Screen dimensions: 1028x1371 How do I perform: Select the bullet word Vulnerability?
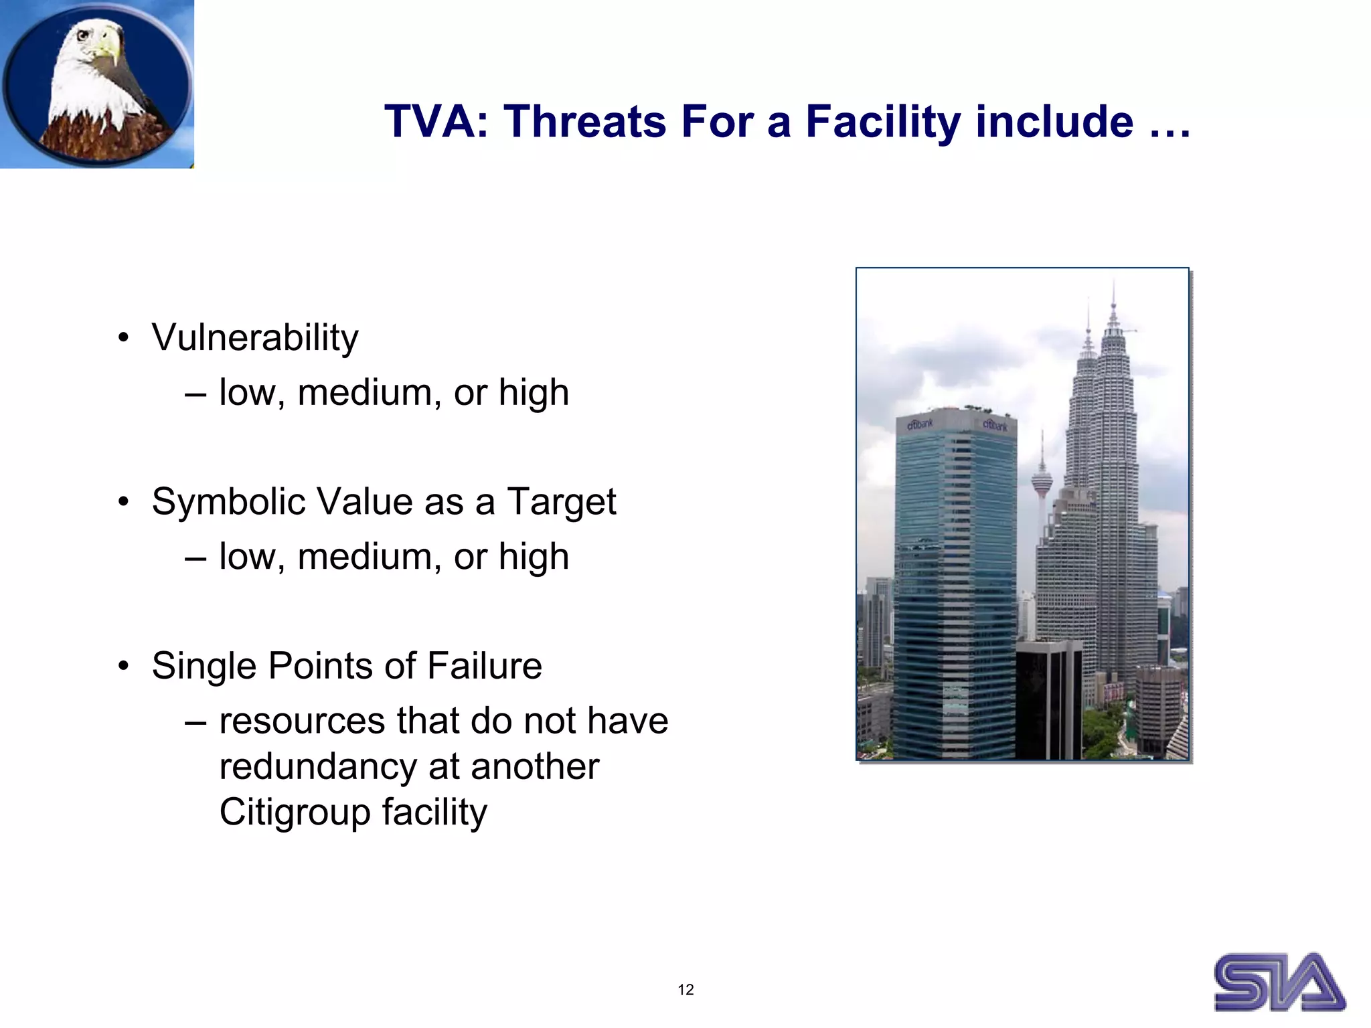coord(255,337)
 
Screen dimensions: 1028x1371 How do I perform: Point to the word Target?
coord(561,503)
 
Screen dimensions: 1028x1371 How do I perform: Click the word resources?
coord(301,721)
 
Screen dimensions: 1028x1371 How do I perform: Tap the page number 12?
coord(685,990)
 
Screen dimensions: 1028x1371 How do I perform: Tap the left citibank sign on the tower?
coord(920,424)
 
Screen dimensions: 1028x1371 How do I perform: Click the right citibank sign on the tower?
coord(995,425)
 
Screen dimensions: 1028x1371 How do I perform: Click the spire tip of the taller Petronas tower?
coord(1113,284)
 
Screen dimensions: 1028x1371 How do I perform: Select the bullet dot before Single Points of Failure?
coord(123,667)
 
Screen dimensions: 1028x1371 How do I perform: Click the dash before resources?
coord(195,722)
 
